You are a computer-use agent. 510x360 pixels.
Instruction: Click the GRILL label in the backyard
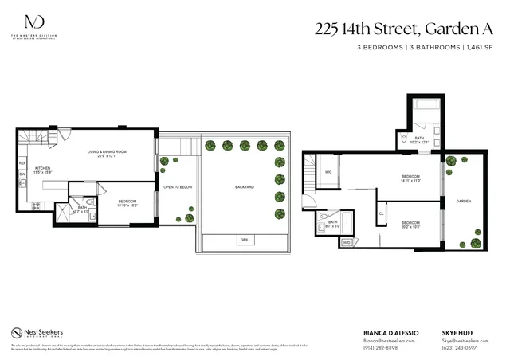tap(245, 240)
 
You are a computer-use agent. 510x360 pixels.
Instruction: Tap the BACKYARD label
tap(245, 187)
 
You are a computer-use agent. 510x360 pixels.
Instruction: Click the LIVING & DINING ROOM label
tap(108, 153)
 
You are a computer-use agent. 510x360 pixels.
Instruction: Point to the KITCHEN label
tap(42, 170)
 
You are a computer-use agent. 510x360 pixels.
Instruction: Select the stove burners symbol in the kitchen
tap(36, 205)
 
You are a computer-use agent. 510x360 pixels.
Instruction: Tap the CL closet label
tap(382, 213)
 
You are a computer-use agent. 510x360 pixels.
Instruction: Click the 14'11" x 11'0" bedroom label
tap(410, 178)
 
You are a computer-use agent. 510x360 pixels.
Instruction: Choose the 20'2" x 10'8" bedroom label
tap(410, 225)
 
